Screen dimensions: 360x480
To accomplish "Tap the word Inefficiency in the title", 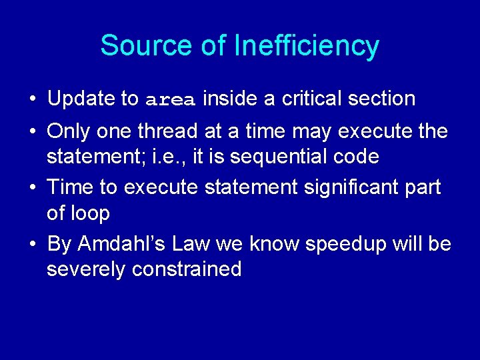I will [x=307, y=46].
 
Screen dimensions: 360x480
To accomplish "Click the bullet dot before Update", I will [x=32, y=100].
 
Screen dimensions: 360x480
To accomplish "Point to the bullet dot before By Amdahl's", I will [x=32, y=245].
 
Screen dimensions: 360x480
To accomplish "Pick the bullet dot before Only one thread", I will [x=32, y=132].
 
